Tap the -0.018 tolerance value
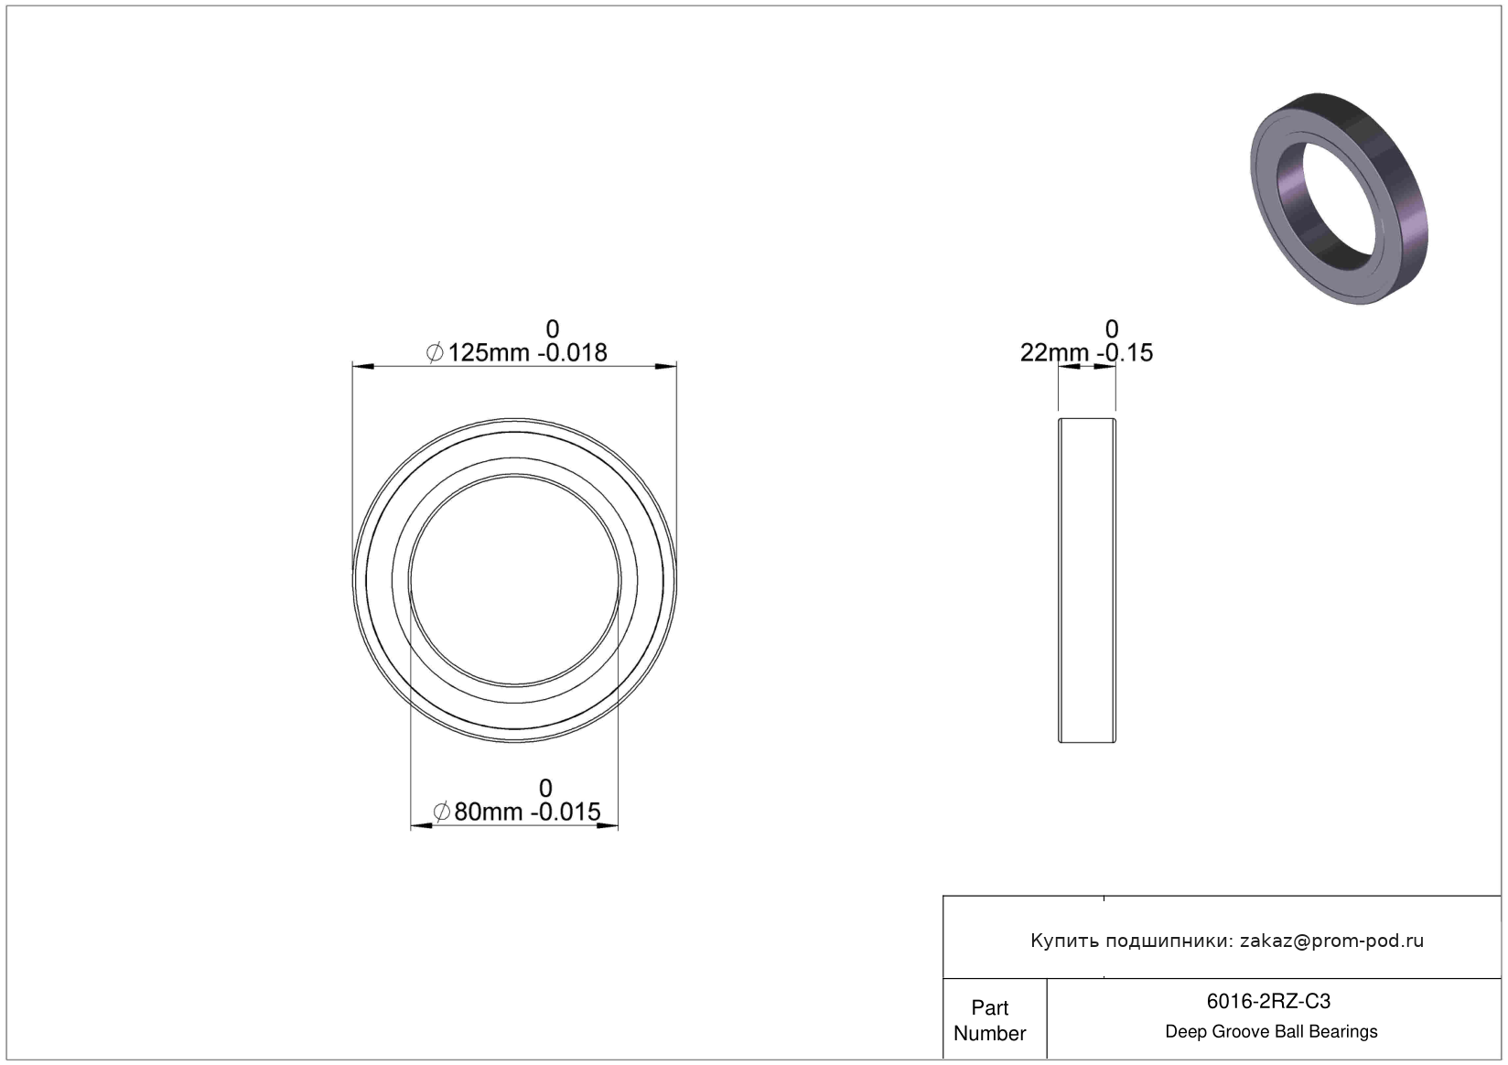(x=572, y=353)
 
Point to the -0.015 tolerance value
(x=565, y=812)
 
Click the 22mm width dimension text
(x=1054, y=353)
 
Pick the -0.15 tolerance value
(x=1125, y=353)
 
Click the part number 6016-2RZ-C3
(x=1268, y=1001)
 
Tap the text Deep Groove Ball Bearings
(x=1271, y=1031)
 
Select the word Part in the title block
(x=990, y=1007)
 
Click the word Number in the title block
(x=990, y=1033)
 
